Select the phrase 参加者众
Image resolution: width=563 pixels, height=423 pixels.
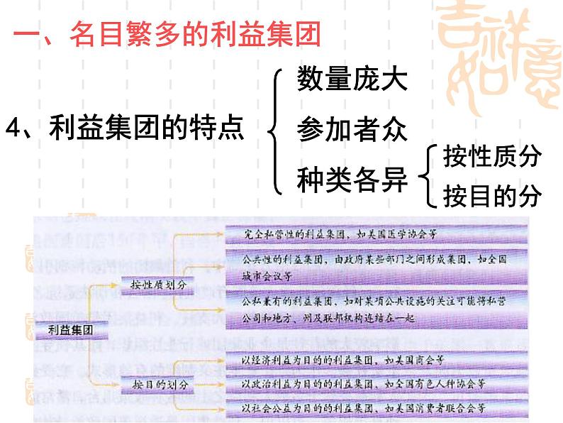point(352,129)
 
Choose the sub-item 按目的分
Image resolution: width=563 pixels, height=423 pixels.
point(491,195)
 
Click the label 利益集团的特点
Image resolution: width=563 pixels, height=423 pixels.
point(145,129)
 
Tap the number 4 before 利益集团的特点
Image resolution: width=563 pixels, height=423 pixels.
point(12,130)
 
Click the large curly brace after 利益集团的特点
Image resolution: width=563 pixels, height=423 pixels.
point(275,129)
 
